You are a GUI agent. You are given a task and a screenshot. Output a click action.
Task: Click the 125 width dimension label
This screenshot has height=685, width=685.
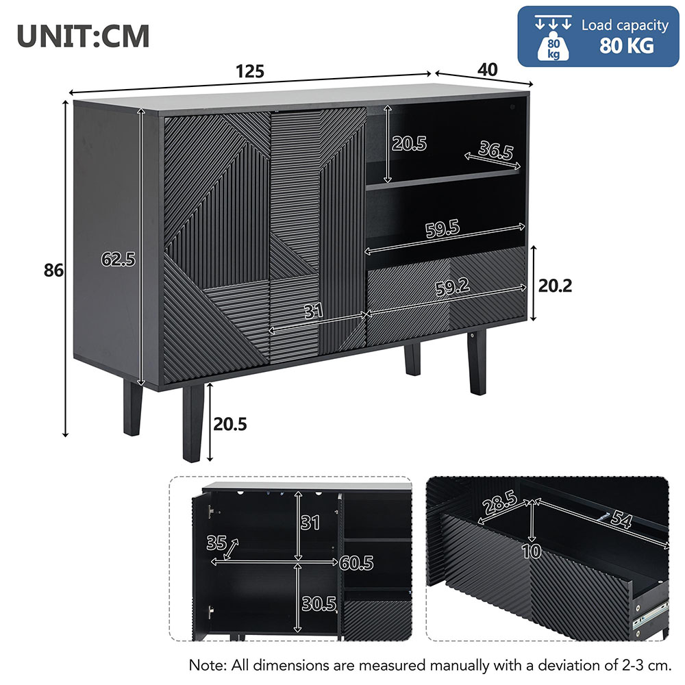tap(250, 71)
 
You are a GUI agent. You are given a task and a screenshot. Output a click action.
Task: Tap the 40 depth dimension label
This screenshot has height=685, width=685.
tap(487, 70)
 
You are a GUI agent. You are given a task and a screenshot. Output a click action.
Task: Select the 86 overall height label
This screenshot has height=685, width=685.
tap(53, 271)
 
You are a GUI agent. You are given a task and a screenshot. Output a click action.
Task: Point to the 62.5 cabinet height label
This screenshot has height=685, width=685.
tap(118, 260)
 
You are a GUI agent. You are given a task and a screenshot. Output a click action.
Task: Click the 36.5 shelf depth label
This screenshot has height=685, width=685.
tap(495, 150)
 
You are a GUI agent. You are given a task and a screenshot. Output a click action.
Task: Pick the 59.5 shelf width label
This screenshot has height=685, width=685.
tap(443, 229)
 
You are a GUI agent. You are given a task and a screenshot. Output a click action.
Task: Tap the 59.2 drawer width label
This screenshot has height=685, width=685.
tap(453, 287)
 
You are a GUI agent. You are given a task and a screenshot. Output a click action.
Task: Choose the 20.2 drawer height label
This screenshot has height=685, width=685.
tap(555, 286)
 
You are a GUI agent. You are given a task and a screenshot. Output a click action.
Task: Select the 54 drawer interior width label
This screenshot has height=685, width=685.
tap(621, 520)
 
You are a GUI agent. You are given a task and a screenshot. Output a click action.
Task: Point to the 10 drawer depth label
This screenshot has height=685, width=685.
tap(532, 551)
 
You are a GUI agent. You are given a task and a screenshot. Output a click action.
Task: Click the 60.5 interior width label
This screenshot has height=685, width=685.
tap(356, 563)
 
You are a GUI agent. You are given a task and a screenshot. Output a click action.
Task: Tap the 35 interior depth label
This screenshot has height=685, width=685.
tap(216, 543)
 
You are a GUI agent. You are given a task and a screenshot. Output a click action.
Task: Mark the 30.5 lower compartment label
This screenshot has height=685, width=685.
tap(319, 603)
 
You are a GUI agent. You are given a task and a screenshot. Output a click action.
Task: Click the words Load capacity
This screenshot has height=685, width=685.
tap(625, 25)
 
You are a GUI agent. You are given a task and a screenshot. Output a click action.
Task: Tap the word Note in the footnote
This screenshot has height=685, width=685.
tap(207, 665)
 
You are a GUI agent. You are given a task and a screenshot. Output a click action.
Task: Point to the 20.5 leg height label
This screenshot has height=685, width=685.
tap(229, 424)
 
